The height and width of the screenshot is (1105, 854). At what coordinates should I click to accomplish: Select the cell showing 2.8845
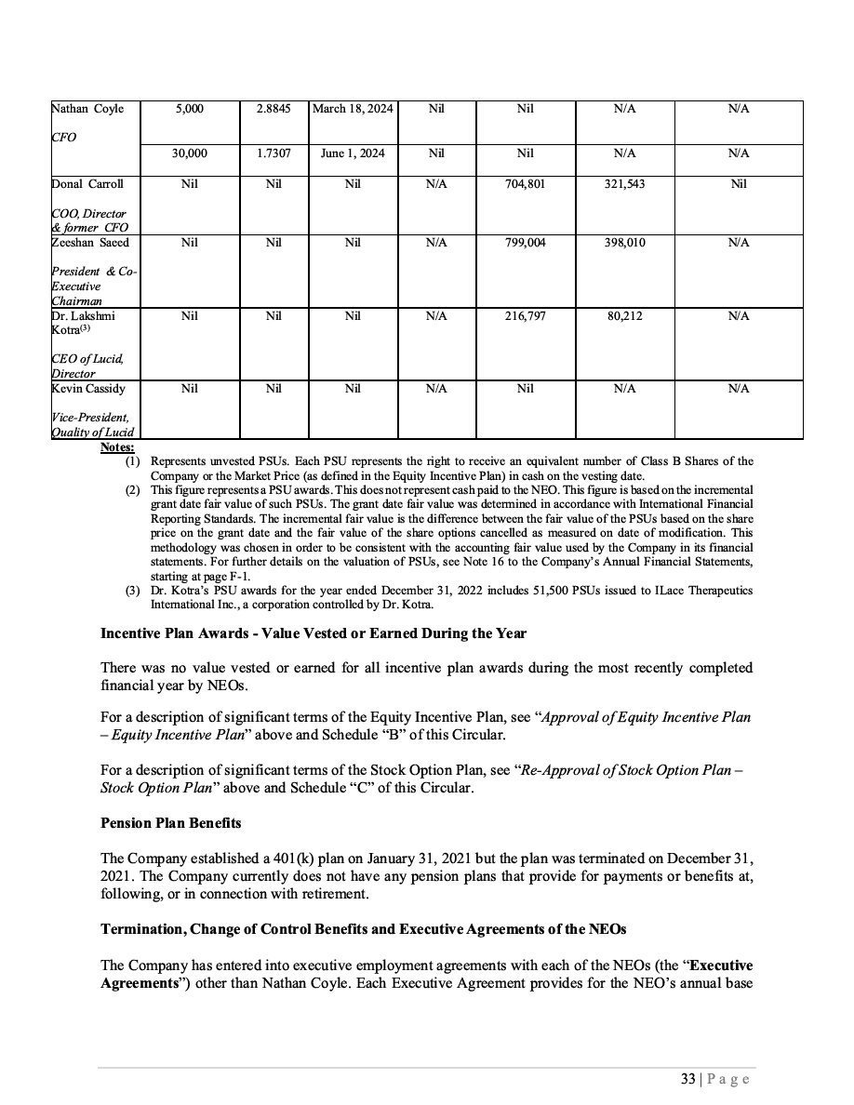tap(274, 109)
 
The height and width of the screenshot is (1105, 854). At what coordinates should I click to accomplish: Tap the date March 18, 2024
tap(353, 109)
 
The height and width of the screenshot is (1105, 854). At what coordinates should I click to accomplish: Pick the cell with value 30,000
tap(190, 153)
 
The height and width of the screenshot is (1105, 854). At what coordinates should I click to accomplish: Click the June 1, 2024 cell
tap(353, 153)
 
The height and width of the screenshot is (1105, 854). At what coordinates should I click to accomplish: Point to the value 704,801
tap(525, 184)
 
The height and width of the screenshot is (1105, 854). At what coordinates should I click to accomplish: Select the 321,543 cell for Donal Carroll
tap(624, 184)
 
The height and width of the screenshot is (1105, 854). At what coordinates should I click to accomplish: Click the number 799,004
tap(525, 242)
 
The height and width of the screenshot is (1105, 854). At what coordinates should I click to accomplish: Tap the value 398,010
tap(624, 242)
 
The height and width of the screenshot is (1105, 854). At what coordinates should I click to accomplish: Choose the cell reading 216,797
tap(525, 316)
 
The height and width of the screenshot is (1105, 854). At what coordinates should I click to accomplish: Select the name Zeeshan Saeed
tap(90, 242)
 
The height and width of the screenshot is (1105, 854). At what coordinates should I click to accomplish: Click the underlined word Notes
tap(116, 448)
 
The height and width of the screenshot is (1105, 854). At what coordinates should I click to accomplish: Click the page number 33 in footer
tap(687, 1079)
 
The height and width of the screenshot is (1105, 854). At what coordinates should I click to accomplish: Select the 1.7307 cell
tap(274, 153)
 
